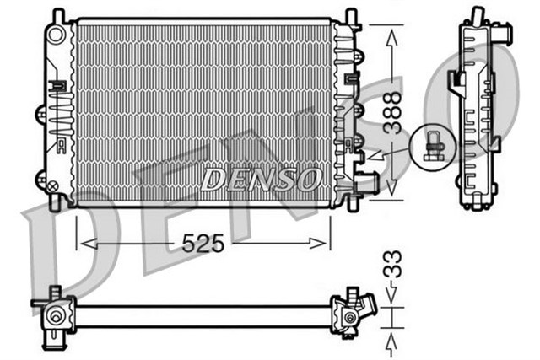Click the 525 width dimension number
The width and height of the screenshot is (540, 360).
click(x=202, y=244)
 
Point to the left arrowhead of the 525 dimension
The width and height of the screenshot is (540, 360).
click(x=82, y=244)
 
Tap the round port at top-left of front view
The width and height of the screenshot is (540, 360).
click(x=57, y=35)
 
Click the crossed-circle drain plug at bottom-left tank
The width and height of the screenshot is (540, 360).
click(x=52, y=186)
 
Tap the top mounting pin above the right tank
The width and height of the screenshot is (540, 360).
click(x=350, y=15)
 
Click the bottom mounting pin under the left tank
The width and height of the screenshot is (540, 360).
click(x=57, y=202)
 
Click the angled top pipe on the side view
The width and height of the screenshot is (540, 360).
click(x=504, y=35)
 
